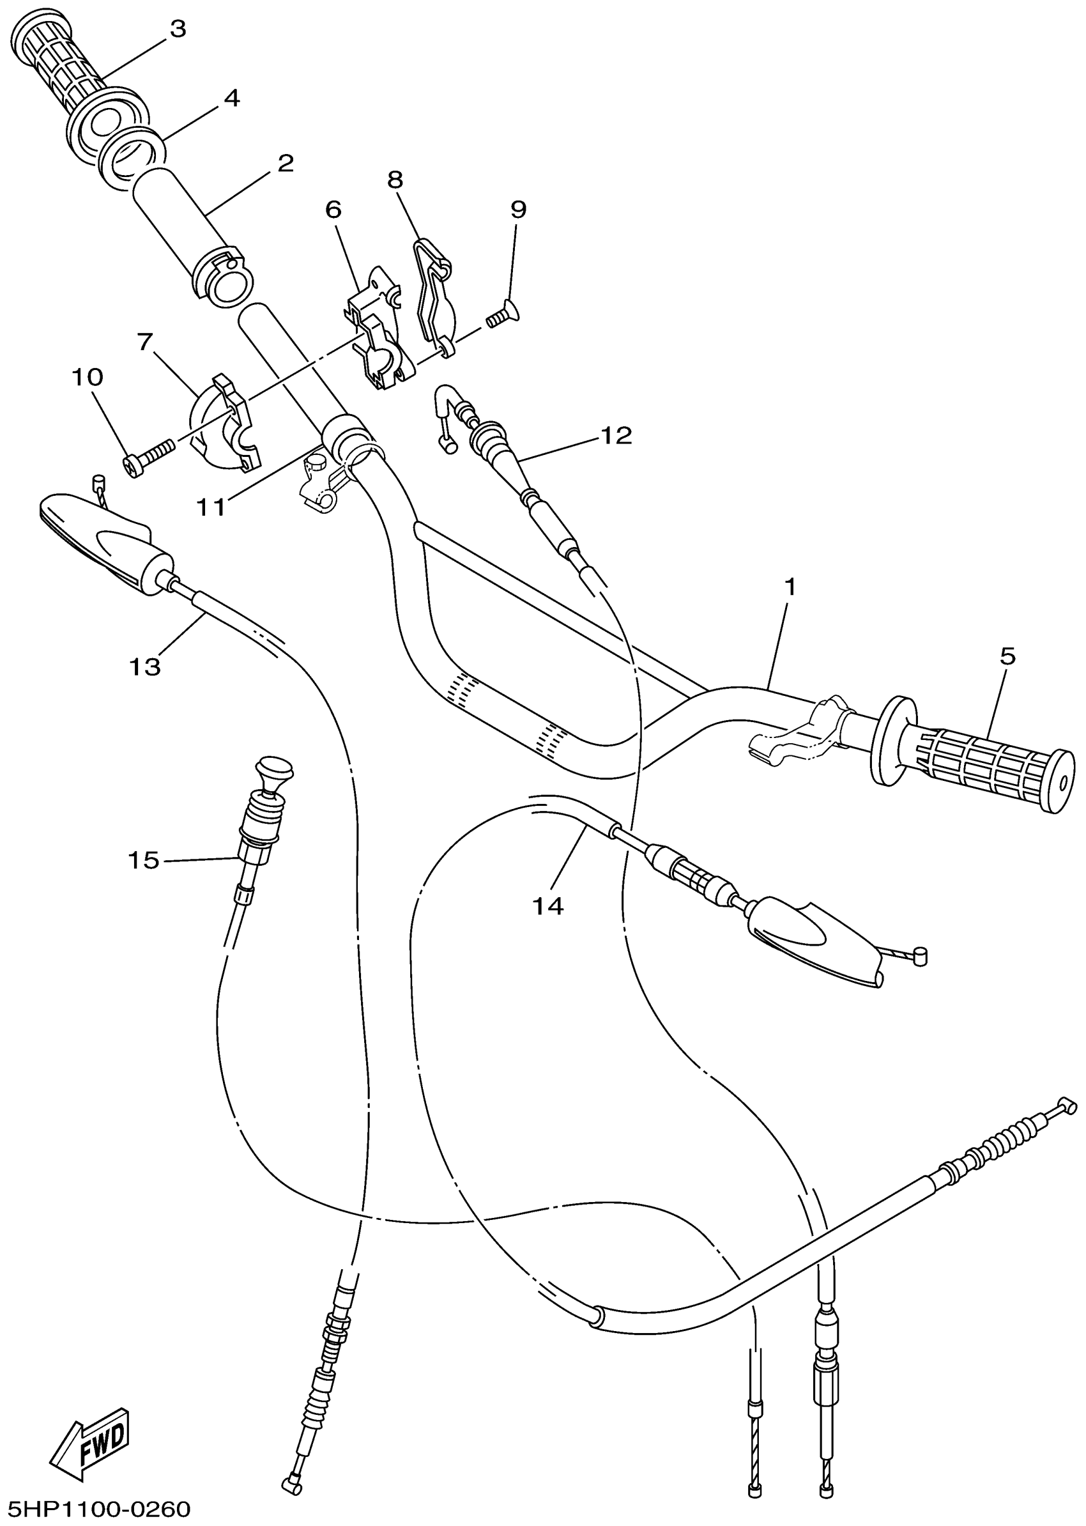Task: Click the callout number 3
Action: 177,29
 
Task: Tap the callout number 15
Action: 144,860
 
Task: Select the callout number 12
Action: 616,436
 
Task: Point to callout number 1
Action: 790,587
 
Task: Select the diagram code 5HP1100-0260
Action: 97,1509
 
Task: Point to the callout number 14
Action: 547,906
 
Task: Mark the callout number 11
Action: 211,507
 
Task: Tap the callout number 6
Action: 333,210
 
